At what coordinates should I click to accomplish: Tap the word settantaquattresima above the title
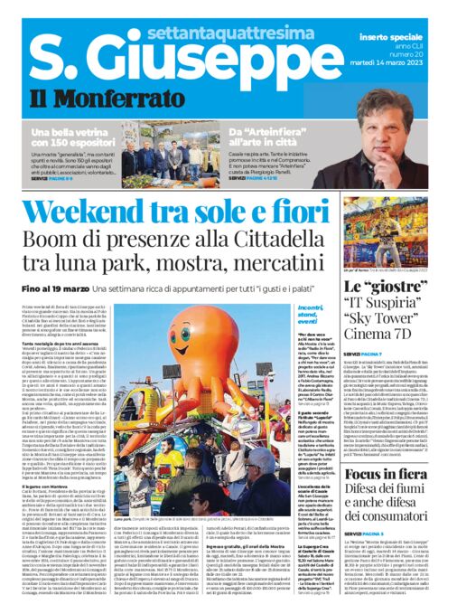[x=196, y=13]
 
